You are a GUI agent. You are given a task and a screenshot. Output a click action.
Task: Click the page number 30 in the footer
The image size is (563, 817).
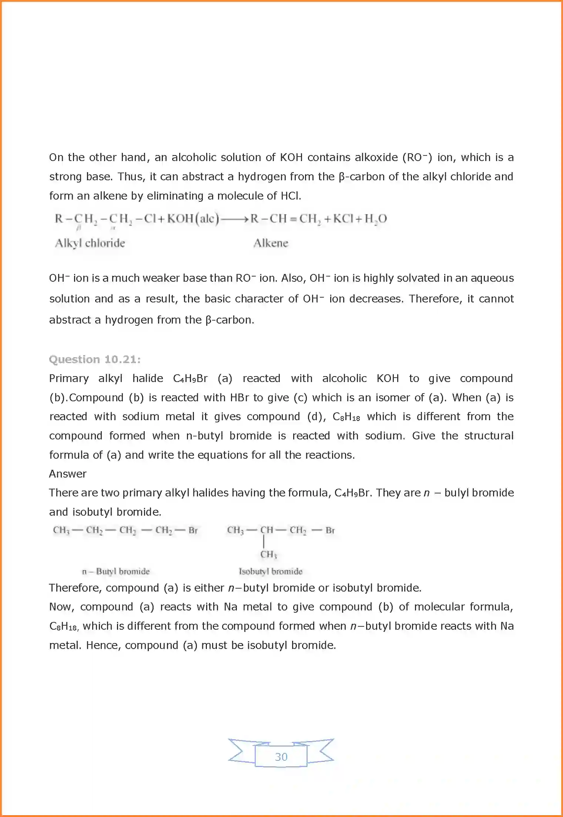[x=281, y=757]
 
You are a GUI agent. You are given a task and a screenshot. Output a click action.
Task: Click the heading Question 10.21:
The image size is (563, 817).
[x=95, y=359]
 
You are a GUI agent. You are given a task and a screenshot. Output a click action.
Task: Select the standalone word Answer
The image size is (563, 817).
[x=68, y=474]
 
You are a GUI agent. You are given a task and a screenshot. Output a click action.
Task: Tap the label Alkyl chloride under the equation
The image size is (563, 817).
[x=90, y=243]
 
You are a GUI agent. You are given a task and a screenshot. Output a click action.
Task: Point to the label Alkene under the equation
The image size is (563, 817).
[x=271, y=243]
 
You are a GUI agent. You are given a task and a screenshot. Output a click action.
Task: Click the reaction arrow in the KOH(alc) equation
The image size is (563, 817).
[x=235, y=219]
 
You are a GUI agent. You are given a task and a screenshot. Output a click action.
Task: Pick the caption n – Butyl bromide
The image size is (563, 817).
[x=116, y=571]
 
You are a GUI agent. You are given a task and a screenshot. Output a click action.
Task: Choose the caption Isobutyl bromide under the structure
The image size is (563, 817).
[x=271, y=571]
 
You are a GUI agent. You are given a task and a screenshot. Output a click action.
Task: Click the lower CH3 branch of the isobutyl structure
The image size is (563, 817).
[x=268, y=554]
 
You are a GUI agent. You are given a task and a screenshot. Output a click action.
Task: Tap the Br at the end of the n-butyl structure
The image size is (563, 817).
[x=193, y=530]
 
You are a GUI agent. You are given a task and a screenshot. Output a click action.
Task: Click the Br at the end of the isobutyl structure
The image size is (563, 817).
[x=330, y=530]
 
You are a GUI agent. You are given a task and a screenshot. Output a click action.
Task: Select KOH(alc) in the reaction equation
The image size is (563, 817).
[x=193, y=219]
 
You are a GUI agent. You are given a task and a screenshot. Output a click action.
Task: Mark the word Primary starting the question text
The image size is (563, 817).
[x=69, y=378]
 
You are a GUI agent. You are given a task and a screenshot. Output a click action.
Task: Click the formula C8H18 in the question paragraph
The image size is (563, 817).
[x=346, y=417]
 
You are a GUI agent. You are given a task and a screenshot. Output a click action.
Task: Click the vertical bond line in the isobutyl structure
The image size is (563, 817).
[x=264, y=542]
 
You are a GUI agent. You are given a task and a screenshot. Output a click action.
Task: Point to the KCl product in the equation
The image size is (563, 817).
[x=343, y=219]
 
